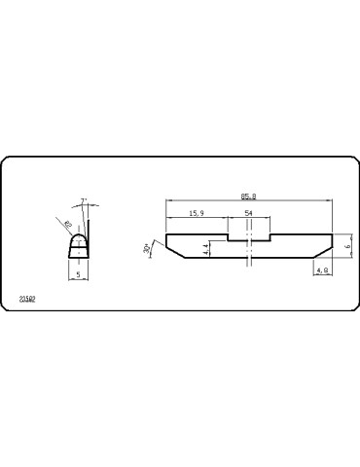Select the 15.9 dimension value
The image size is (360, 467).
point(196,212)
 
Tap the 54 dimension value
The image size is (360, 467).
point(248,212)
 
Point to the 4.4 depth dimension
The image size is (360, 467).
point(206,250)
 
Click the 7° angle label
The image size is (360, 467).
point(85,202)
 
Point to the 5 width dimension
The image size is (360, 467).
point(78,274)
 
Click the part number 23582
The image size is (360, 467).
point(28,299)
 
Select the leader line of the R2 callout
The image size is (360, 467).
point(72,229)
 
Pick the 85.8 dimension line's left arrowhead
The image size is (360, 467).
point(168,198)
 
